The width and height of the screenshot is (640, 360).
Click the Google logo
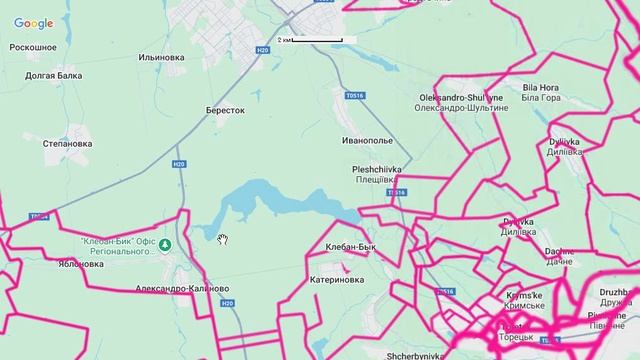[33, 24]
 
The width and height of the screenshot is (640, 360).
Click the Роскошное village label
[33, 47]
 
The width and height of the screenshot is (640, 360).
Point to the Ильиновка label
[162, 58]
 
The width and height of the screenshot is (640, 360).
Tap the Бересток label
[225, 110]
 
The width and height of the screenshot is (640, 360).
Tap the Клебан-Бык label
[350, 246]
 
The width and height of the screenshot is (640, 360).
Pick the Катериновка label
[337, 281]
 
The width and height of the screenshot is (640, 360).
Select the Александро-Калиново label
[184, 289]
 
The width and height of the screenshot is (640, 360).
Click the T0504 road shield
[39, 216]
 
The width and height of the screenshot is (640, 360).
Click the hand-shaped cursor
[225, 238]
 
